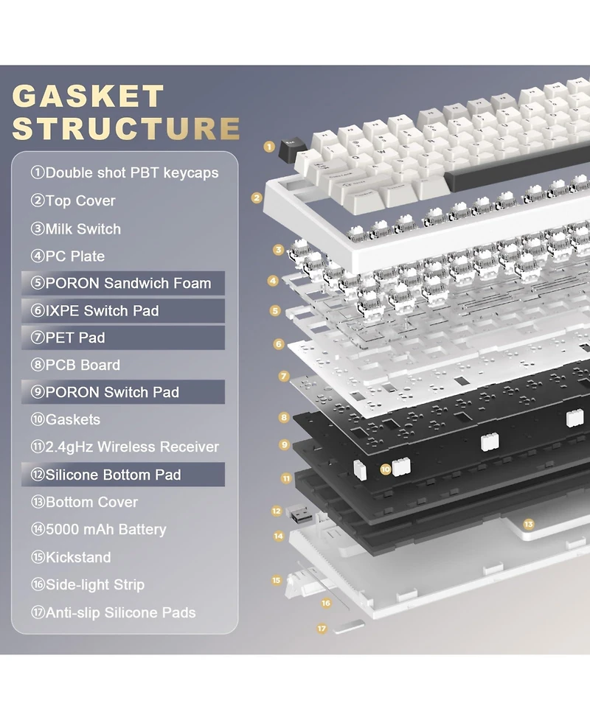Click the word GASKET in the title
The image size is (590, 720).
pos(88,96)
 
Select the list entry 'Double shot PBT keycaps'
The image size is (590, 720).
pos(125,172)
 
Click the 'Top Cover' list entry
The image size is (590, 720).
pos(72,200)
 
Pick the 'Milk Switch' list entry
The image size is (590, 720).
pos(76,228)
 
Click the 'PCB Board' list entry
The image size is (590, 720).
pos(75,365)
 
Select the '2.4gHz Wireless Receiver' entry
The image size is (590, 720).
pos(125,447)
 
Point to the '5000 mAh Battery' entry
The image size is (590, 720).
pos(98,529)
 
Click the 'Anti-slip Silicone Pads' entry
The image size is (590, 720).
pos(113,612)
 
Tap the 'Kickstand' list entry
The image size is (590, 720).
pos(71,557)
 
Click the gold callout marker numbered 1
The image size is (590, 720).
pos(269,147)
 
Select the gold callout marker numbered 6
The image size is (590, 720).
pos(279,344)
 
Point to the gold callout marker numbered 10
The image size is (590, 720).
pos(386,469)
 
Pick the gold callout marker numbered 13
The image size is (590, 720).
pos(529,524)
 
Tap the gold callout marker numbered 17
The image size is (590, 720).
pos(322,628)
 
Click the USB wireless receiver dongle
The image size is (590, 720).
pos(299,514)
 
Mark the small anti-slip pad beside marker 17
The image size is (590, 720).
pos(349,627)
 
